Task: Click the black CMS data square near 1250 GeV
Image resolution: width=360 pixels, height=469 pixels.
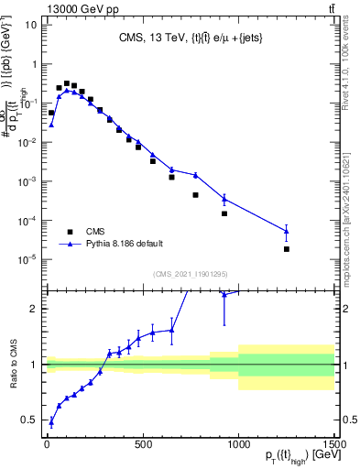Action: (286, 249)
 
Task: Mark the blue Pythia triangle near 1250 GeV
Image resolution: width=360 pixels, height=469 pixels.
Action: (286, 231)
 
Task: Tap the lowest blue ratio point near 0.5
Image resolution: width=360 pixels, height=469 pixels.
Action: (51, 421)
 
